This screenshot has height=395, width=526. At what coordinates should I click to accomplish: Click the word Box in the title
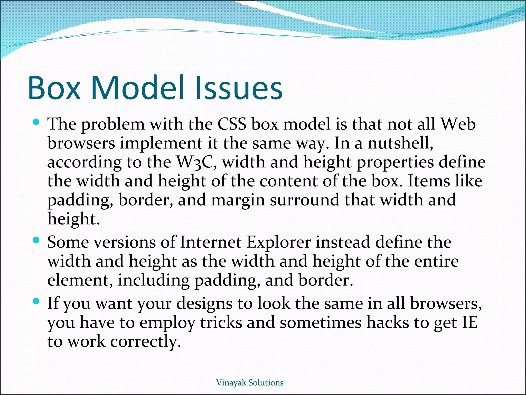(54, 88)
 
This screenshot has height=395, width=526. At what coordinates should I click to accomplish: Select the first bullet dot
(36, 122)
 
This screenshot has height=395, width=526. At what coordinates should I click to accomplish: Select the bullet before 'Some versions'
(36, 240)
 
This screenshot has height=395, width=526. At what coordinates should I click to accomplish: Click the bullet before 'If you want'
(36, 301)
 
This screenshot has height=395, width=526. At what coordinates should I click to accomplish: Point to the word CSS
(232, 124)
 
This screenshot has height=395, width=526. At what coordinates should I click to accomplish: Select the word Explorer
(279, 243)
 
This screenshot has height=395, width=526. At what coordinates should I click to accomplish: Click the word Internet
(211, 243)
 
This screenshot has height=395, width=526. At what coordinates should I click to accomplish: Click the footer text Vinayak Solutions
(250, 383)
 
